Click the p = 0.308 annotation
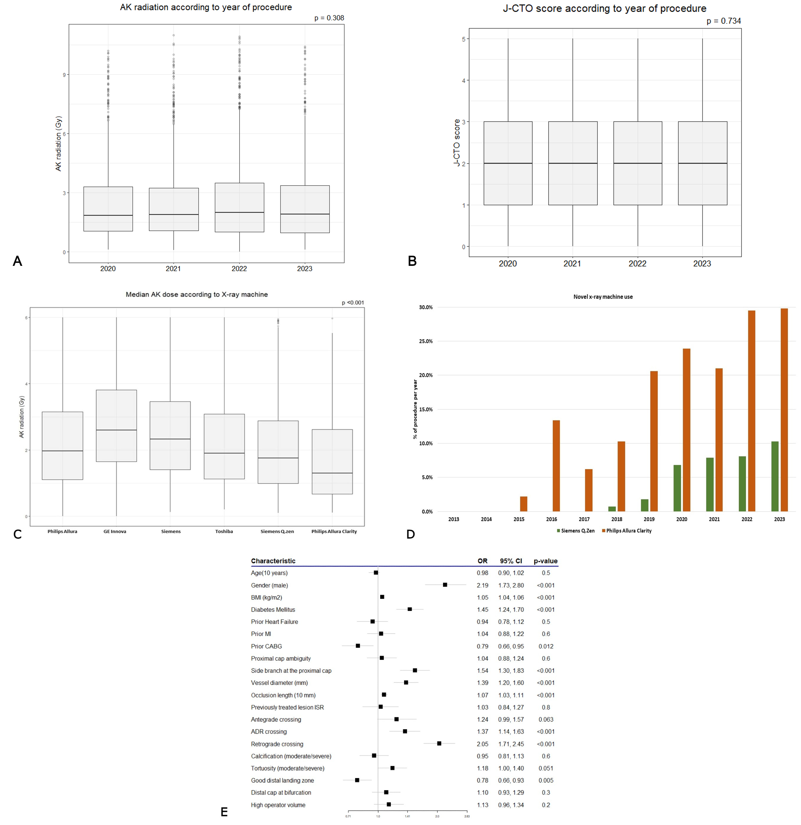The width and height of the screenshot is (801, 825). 329,18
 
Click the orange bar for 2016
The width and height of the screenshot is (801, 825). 556,466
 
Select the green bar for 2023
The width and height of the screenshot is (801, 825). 774,476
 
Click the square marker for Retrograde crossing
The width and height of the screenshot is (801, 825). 439,744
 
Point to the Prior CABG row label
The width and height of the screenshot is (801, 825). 266,646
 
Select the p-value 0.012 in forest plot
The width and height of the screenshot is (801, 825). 545,646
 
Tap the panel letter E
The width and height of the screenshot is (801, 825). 224,812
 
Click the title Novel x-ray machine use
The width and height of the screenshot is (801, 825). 603,297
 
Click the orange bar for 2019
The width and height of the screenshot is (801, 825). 654,441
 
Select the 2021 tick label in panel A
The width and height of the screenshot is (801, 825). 173,268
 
